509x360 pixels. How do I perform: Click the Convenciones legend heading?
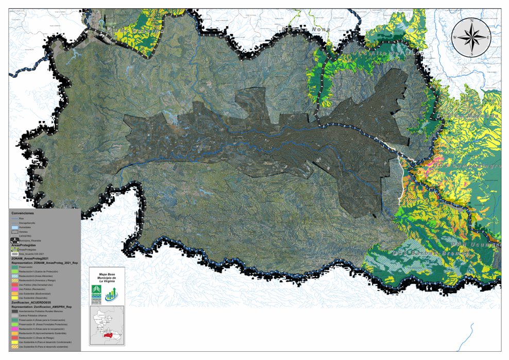tap(23, 213)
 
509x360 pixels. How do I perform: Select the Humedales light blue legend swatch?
tap(14, 227)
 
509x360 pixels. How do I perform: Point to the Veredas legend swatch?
tap(14, 232)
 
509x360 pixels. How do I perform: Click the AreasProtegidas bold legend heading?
tap(23, 246)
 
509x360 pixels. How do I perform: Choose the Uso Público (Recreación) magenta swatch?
tap(14, 289)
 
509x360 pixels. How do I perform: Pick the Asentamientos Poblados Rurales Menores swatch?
tap(14, 311)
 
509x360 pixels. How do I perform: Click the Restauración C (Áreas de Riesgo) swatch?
tap(14, 337)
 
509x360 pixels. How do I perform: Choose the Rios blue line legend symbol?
tap(14, 218)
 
